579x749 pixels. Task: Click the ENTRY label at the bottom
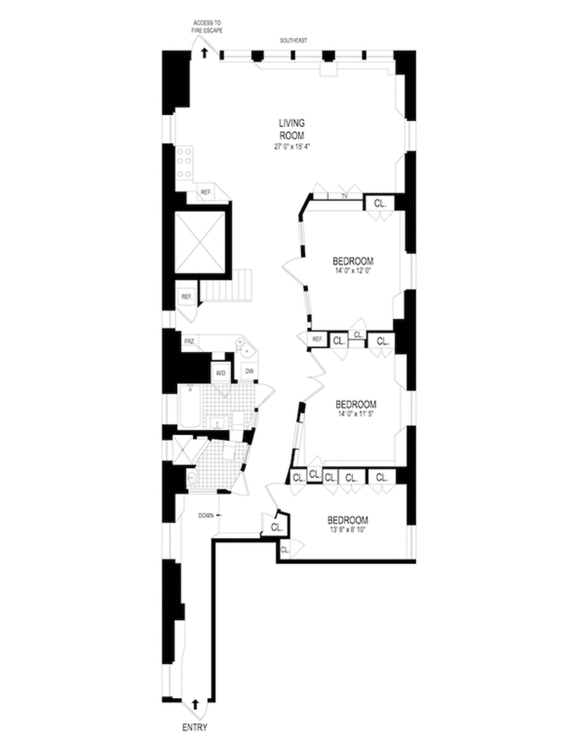(x=195, y=727)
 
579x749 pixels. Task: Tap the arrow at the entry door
(x=195, y=704)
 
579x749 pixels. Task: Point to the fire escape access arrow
(x=205, y=53)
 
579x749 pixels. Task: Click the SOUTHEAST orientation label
(x=293, y=41)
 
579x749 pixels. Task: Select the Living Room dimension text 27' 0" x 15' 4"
(x=292, y=147)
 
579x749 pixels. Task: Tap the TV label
(x=345, y=196)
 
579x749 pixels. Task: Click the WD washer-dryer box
(x=221, y=373)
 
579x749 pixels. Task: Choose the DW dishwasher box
(x=249, y=371)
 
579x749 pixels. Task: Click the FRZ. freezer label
(x=189, y=341)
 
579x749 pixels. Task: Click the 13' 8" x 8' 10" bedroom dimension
(x=347, y=530)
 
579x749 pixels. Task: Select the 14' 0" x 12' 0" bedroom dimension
(x=353, y=271)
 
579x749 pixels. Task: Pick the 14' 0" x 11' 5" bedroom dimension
(x=356, y=413)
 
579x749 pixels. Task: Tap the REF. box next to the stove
(x=207, y=192)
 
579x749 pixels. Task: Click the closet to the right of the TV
(x=380, y=204)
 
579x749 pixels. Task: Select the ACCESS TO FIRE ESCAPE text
(x=207, y=27)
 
